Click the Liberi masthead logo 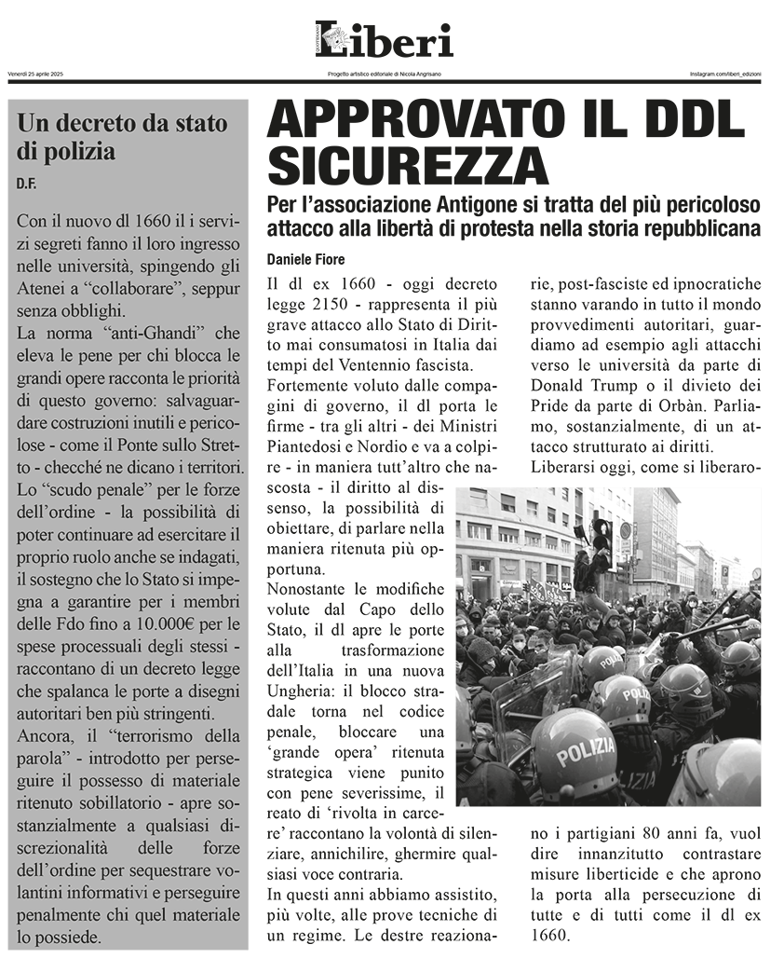(x=384, y=40)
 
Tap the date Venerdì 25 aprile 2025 (x=35, y=74)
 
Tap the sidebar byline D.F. (x=26, y=184)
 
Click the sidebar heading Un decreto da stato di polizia (x=121, y=137)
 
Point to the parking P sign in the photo (x=755, y=574)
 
